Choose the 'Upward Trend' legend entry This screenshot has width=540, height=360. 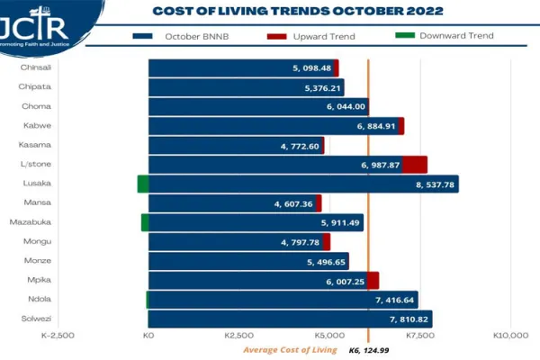315,36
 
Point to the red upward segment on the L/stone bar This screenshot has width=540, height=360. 414,165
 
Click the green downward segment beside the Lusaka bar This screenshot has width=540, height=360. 142,184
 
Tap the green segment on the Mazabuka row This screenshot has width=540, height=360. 145,222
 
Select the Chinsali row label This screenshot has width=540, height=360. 36,67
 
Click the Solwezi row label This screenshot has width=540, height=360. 36,319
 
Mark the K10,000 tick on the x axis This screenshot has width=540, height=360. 511,335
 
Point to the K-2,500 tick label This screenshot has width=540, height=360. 58,335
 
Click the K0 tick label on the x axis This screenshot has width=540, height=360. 149,335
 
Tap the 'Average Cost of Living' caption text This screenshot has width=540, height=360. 289,350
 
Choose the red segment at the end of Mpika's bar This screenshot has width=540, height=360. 373,280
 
